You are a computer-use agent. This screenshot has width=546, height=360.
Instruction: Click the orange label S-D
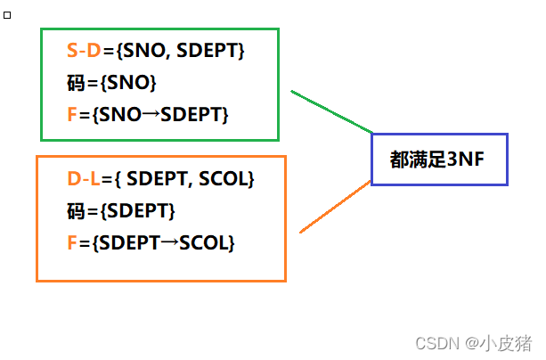click(x=84, y=52)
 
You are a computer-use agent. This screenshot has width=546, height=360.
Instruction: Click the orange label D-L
click(x=84, y=179)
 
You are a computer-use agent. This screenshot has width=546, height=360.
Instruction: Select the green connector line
click(x=331, y=110)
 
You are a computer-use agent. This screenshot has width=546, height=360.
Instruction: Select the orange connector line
click(x=334, y=207)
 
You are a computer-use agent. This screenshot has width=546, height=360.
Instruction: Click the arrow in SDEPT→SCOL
click(x=169, y=242)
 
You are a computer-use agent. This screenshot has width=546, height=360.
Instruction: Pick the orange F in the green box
click(x=71, y=115)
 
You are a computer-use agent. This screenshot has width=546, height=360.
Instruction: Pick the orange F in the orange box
click(x=71, y=242)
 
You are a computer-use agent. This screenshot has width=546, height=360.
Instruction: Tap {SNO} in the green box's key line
click(x=128, y=84)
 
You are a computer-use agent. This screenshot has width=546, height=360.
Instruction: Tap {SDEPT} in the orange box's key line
click(x=138, y=211)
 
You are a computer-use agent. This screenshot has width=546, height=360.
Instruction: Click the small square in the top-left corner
click(x=8, y=15)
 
